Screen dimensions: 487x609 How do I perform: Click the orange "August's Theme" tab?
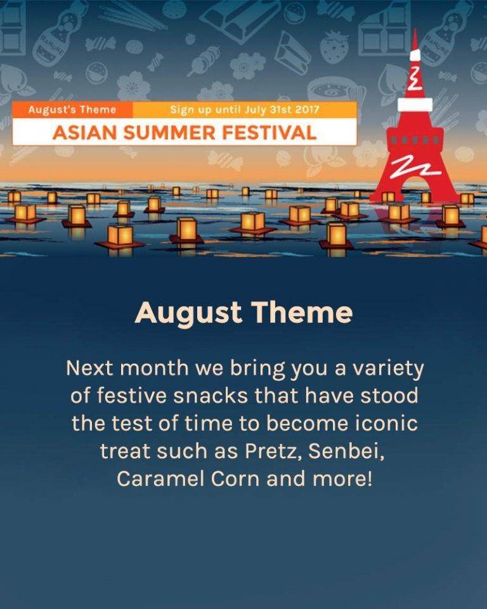72,110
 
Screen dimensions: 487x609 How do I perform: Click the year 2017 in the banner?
307,110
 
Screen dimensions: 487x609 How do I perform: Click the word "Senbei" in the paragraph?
346,450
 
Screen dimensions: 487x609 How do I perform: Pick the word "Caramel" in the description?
160,478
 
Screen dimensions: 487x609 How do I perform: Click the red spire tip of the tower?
415,31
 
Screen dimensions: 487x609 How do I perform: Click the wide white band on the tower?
415,105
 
